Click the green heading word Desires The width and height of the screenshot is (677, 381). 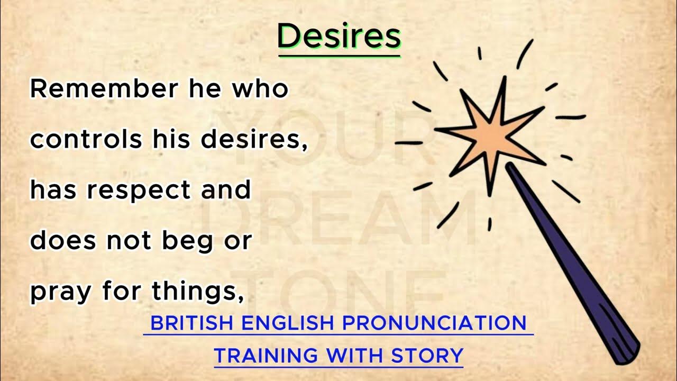pos(339,37)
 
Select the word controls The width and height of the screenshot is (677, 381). pos(86,139)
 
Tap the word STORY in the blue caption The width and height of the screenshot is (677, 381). pos(427,355)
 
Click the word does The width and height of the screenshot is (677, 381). pos(63,241)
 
